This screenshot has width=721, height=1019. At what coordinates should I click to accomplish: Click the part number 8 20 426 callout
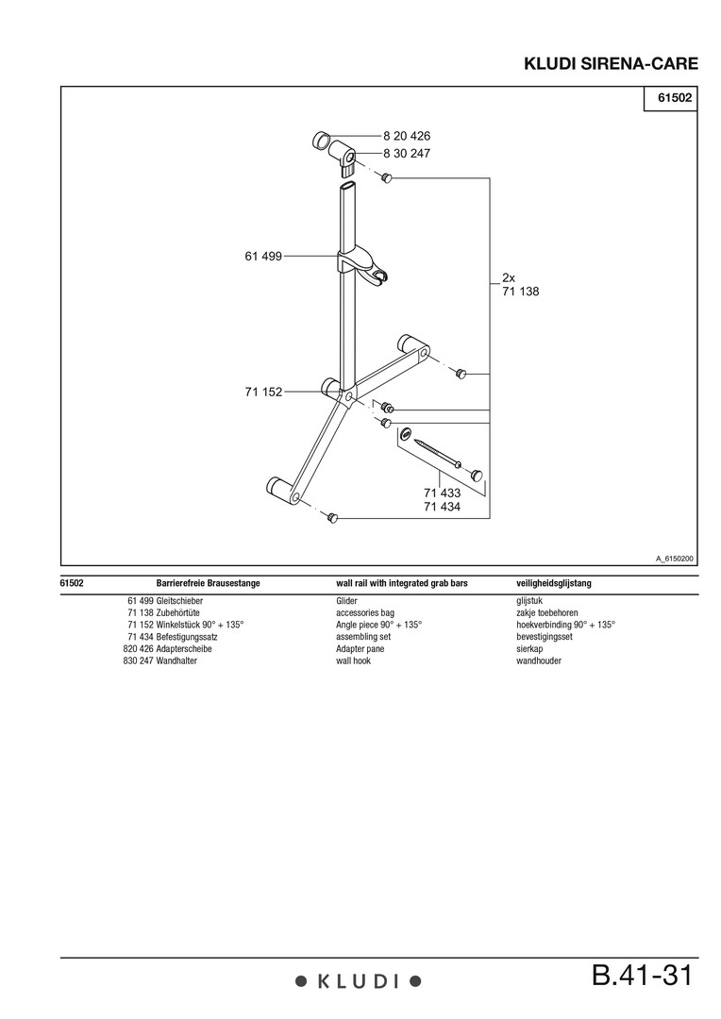pos(407,136)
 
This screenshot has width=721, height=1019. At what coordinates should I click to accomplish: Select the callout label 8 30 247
pos(407,154)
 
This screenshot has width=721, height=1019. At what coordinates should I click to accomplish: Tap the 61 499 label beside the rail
pos(263,256)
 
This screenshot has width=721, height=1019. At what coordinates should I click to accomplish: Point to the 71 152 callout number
pos(263,392)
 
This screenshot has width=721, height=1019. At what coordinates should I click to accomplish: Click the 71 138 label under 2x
pos(521,292)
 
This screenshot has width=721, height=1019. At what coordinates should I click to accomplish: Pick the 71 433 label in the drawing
pos(442,493)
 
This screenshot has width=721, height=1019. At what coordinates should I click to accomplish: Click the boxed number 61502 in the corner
pos(675,98)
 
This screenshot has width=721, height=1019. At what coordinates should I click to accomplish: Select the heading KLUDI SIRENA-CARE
pos(612,64)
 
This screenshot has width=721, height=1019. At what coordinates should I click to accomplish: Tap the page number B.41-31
pos(643,976)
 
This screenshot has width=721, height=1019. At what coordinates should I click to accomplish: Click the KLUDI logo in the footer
pos(359,981)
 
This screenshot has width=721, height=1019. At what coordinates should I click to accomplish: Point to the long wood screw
pos(438,453)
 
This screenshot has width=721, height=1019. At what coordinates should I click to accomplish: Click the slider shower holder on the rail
pos(362,265)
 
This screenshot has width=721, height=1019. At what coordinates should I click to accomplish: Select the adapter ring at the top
pos(322,140)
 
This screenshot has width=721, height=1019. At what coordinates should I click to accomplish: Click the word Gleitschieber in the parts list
pos(179,601)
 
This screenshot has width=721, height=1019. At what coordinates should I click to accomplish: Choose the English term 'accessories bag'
pos(364,613)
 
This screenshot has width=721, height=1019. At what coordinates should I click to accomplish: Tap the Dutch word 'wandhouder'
pos(539,660)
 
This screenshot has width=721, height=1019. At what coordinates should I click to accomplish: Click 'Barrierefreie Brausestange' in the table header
pos(208,583)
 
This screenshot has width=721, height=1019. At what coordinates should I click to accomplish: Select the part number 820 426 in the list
pos(138,648)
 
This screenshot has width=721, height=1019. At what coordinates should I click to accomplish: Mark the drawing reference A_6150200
pos(674,559)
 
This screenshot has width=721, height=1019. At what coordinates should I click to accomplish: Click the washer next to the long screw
pos(407,433)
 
